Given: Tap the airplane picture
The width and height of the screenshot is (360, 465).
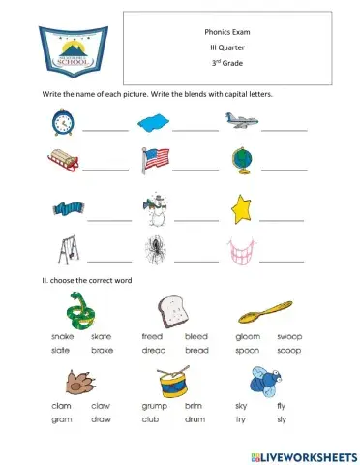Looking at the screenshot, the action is [241, 120].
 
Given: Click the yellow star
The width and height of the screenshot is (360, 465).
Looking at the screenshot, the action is [242, 209].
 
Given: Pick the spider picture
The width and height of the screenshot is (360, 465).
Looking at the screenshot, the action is [155, 251].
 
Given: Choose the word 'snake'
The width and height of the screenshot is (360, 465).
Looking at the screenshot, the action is [62, 336].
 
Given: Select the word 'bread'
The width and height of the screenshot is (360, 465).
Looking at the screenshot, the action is [196, 349].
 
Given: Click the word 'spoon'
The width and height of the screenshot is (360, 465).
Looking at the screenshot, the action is [247, 349].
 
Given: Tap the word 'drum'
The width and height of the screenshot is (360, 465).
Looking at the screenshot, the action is [196, 418].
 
